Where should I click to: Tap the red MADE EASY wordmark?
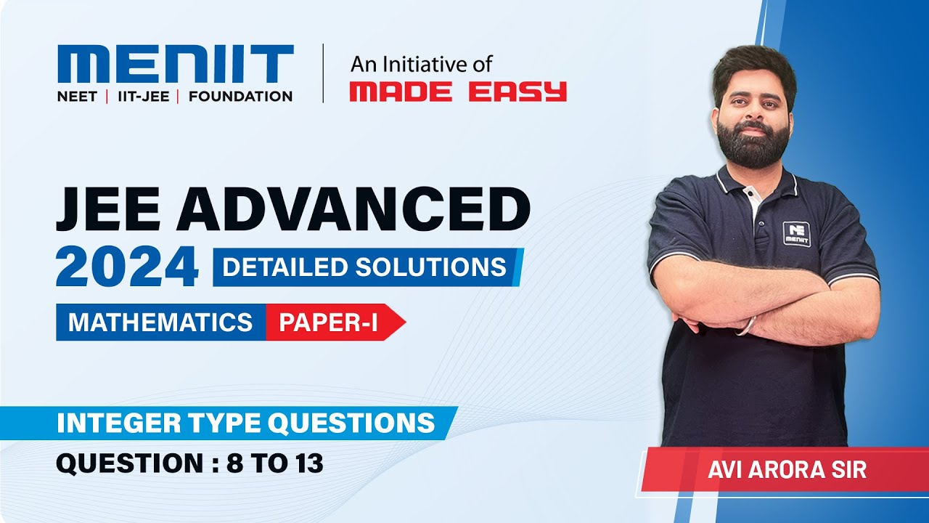point(457,92)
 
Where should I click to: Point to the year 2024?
point(127,267)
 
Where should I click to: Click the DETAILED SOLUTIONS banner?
point(365,267)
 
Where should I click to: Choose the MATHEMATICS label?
point(160,322)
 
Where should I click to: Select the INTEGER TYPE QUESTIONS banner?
point(246,423)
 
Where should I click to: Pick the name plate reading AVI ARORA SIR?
point(787,469)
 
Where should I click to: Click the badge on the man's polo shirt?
point(796,233)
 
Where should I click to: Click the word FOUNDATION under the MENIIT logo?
point(240,97)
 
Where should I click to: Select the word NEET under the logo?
point(77,97)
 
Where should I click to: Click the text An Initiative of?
point(421,65)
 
